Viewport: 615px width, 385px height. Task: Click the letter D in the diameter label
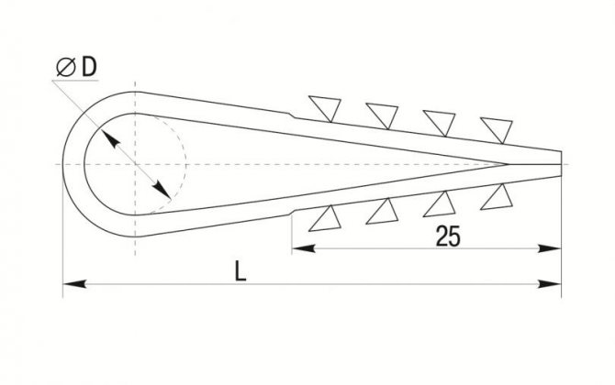[89, 67]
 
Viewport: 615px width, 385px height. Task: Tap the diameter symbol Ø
[66, 67]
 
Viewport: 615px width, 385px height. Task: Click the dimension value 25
[448, 236]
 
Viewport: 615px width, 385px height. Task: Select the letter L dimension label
[240, 271]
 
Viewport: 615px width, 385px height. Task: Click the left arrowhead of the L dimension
[74, 284]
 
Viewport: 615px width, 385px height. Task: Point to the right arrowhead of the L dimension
[550, 284]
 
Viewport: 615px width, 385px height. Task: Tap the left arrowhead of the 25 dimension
[304, 248]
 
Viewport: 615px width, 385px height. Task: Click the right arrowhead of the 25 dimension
[550, 248]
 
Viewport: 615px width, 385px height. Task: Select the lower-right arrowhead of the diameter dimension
[162, 190]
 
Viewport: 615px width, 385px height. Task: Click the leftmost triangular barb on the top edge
[326, 107]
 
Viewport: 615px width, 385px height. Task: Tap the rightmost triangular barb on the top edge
[498, 129]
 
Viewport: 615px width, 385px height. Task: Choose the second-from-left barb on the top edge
[383, 115]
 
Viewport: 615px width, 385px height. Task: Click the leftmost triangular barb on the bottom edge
[326, 219]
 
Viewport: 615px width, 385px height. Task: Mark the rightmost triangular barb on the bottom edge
[498, 198]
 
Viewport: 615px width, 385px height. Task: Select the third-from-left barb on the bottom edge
[440, 204]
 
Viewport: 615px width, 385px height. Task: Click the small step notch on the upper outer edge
[292, 115]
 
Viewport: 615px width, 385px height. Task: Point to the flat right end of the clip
[561, 164]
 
